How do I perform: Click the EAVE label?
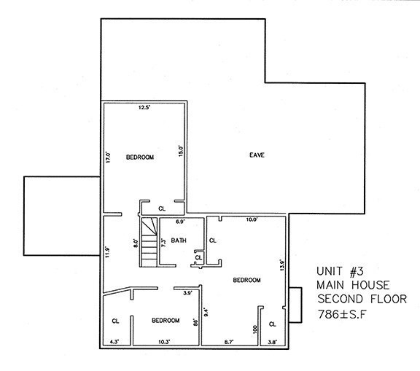(x=256, y=155)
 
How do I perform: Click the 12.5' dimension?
(x=144, y=108)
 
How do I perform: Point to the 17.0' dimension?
(x=107, y=157)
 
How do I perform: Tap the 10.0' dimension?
(x=252, y=219)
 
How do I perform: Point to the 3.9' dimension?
(x=187, y=293)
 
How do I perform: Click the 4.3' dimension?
(x=113, y=341)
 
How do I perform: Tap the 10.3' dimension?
(x=163, y=341)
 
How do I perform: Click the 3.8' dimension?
(x=273, y=341)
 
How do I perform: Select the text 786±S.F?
(x=346, y=315)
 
